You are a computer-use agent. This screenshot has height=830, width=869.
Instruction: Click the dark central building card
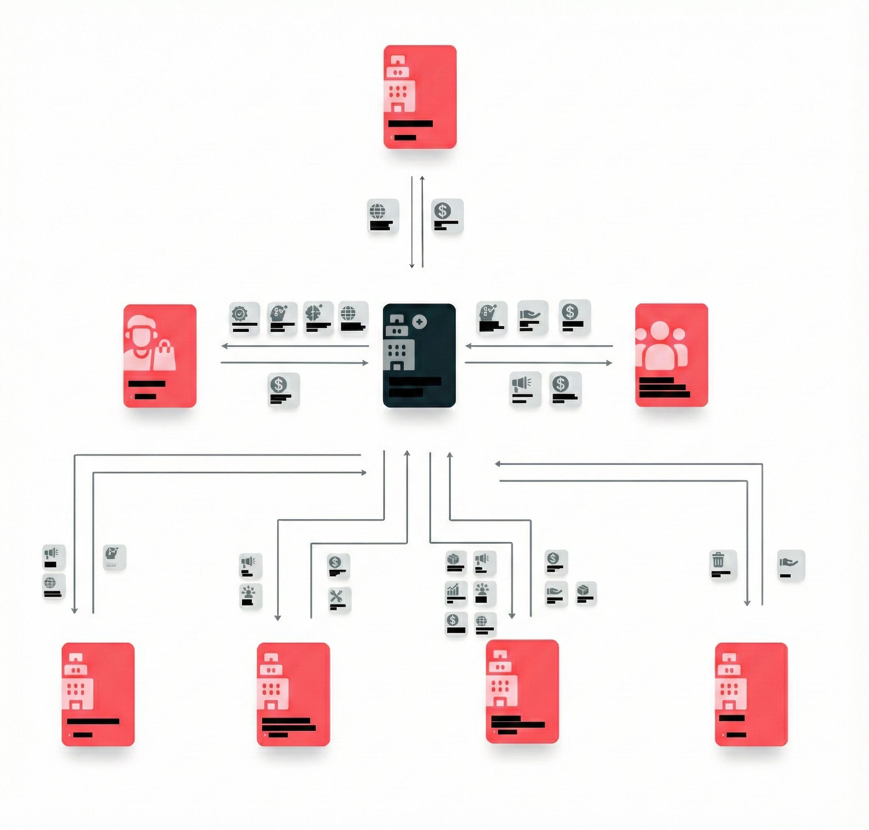click(x=419, y=355)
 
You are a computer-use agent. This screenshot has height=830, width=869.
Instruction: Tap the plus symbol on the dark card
click(x=419, y=322)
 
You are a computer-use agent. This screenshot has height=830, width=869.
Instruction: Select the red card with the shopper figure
click(x=160, y=355)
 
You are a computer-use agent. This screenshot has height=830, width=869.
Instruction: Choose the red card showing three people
click(x=671, y=355)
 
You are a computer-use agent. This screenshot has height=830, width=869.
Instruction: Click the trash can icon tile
click(x=723, y=565)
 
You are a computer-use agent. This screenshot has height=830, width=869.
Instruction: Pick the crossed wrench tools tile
click(x=339, y=599)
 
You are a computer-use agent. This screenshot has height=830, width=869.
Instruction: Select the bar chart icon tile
click(x=455, y=593)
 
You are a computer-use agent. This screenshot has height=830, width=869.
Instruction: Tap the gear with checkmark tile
click(x=244, y=318)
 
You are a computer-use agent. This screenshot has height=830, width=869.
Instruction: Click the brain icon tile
click(x=318, y=317)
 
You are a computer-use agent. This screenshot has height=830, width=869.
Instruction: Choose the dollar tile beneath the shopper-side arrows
click(x=283, y=389)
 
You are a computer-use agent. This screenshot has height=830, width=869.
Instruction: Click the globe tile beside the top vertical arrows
click(x=383, y=216)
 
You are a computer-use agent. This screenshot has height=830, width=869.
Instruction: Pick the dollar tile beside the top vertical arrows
click(x=447, y=215)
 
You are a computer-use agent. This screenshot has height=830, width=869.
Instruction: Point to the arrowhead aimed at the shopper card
click(x=224, y=346)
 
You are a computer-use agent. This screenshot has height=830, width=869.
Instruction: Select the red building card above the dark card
click(x=420, y=96)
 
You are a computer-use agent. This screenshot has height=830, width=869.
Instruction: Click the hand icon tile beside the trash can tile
click(x=791, y=565)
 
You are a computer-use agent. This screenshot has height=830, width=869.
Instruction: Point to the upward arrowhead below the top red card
click(x=422, y=178)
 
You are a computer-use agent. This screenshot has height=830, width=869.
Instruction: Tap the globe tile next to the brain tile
click(x=353, y=317)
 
